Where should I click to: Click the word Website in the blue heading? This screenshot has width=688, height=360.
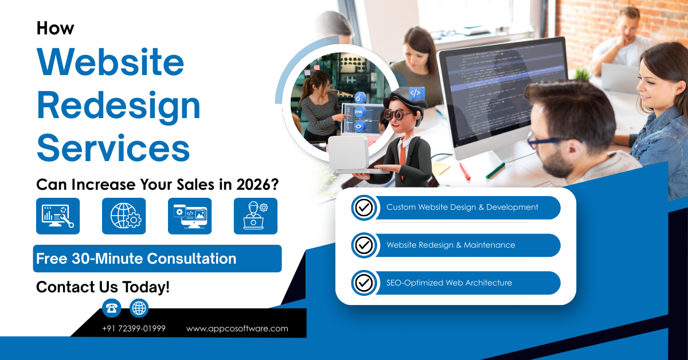pos(111,64)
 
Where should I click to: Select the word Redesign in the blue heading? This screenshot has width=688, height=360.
pos(119,105)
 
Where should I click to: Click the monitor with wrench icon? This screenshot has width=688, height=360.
pos(58,216)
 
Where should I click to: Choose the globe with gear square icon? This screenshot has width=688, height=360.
pos(124,216)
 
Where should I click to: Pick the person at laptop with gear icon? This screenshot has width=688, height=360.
pos(255,216)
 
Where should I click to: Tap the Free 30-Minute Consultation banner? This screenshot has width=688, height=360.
pos(157,259)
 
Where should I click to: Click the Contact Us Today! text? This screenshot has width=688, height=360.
pos(103,287)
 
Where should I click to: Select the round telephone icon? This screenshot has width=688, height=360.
pos(112,308)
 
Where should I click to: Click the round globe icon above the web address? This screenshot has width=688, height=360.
pos(139,308)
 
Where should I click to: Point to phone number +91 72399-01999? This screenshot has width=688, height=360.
pos(134,328)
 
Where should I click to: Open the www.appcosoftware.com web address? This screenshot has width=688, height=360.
pos(237,328)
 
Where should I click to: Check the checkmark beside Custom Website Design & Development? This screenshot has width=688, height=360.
pos(363,208)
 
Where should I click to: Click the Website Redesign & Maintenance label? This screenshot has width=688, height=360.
pos(451,245)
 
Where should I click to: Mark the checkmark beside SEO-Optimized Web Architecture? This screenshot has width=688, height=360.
pos(363,283)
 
